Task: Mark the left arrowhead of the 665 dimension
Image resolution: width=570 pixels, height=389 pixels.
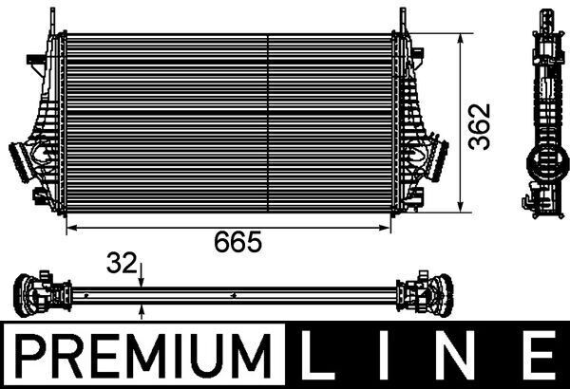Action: [x=68, y=229]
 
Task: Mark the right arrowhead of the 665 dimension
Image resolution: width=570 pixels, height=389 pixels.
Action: [x=389, y=229]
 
